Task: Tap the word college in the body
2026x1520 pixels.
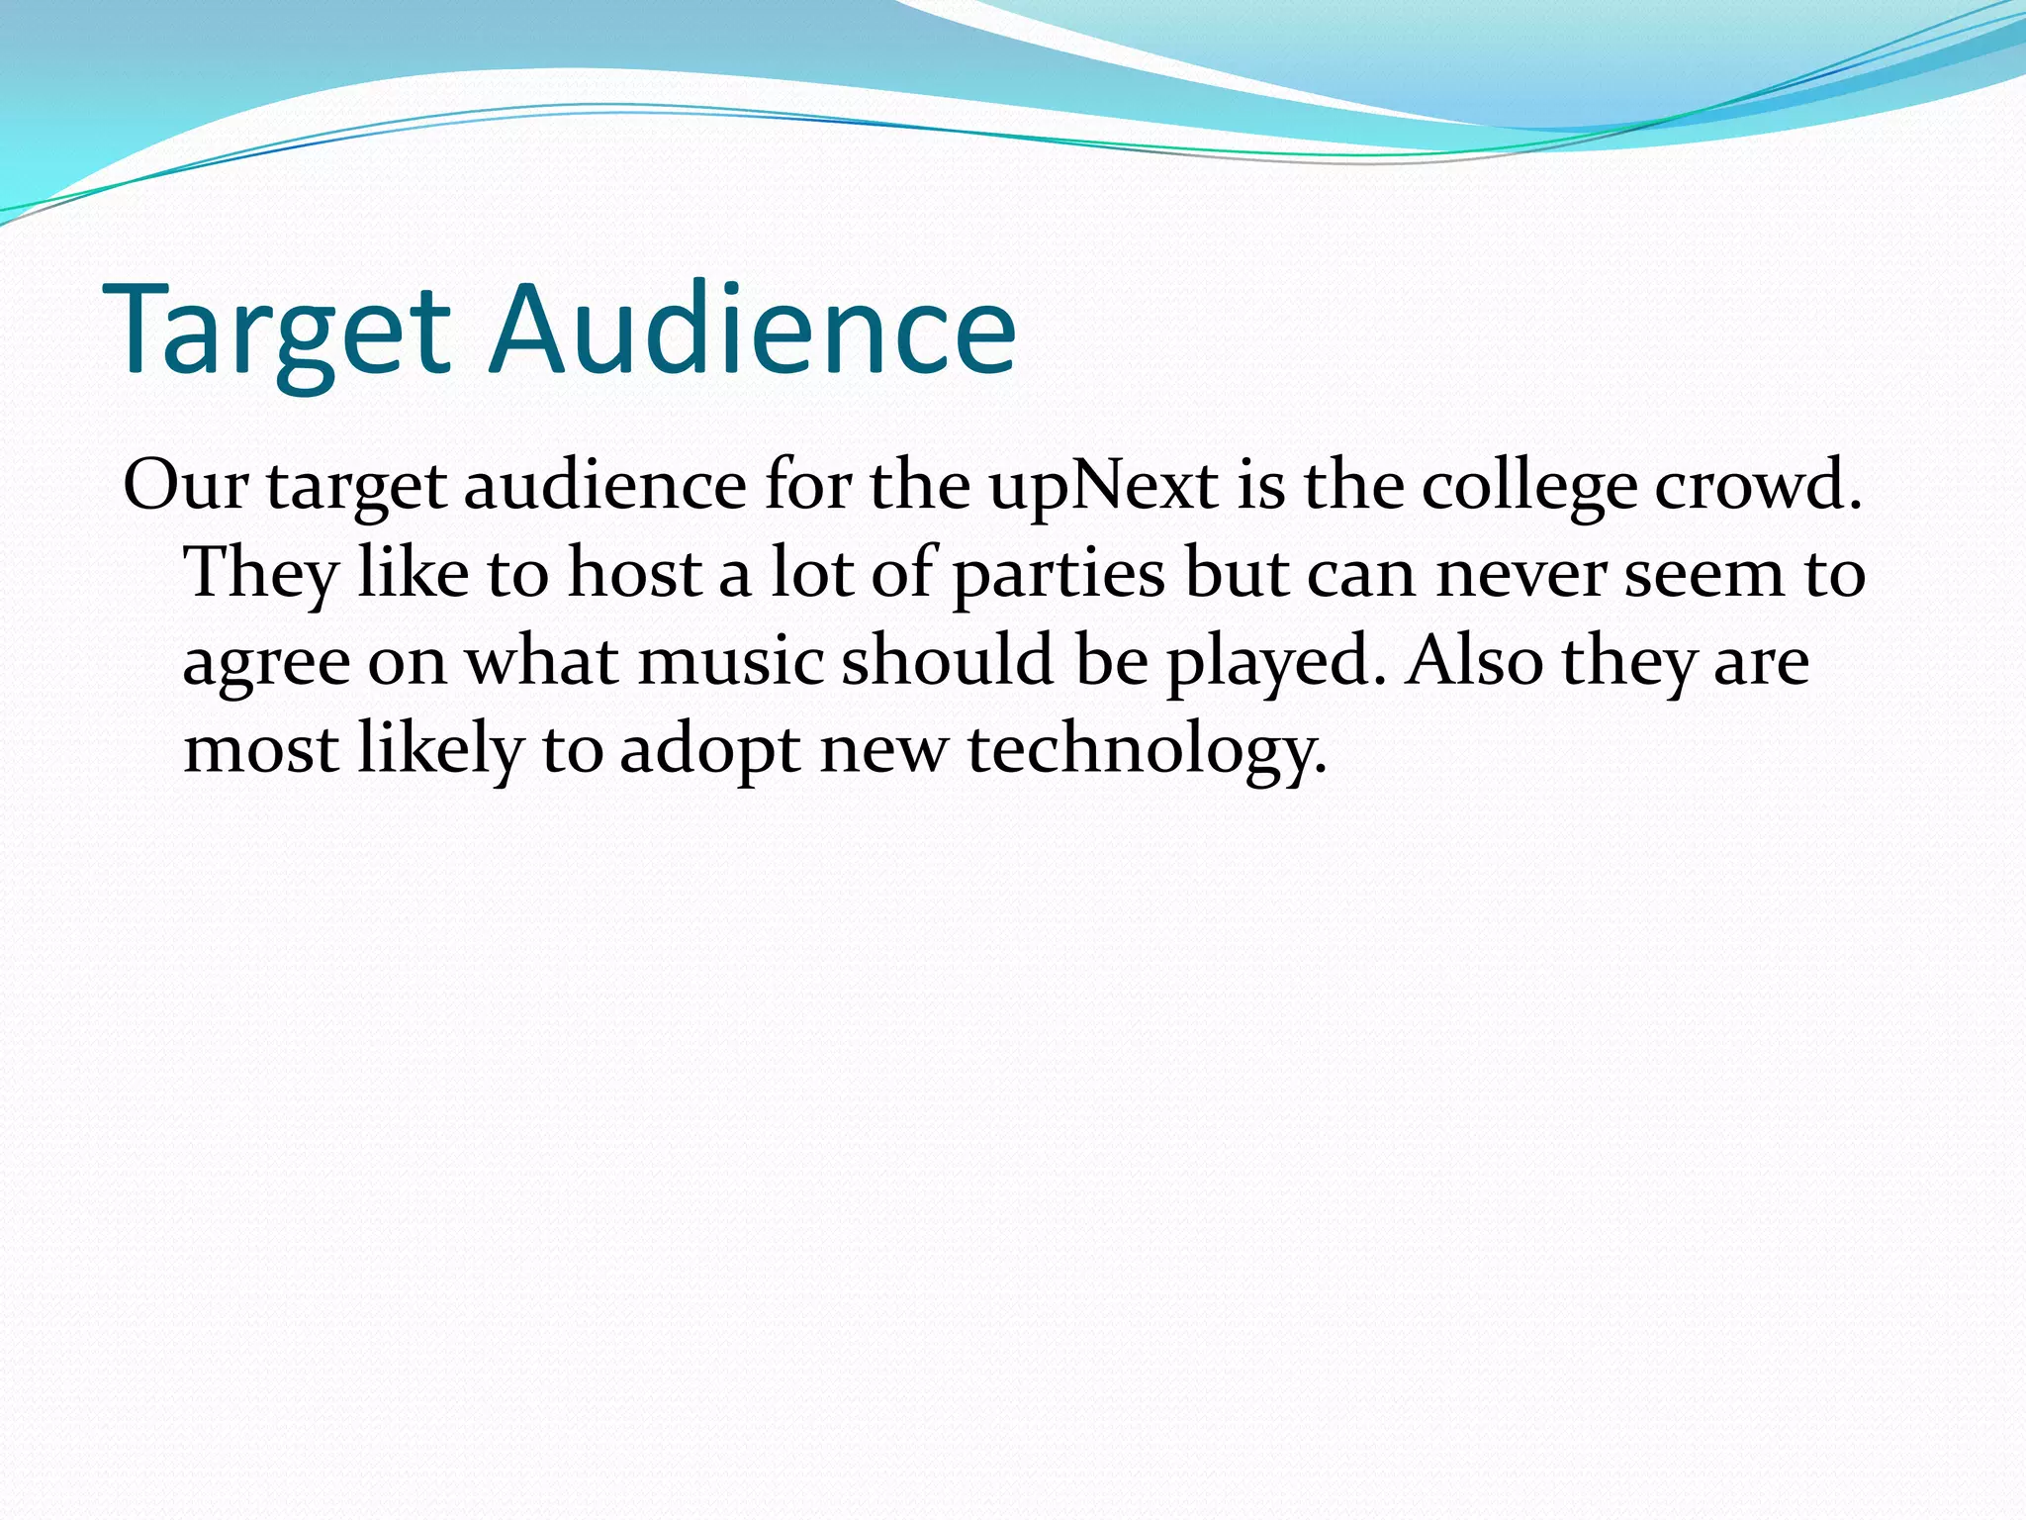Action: pos(1529,488)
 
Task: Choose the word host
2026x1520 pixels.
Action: pos(635,573)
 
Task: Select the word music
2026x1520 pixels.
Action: pos(731,661)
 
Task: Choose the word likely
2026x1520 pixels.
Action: pos(439,750)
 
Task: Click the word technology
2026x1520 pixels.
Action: pos(1146,750)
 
